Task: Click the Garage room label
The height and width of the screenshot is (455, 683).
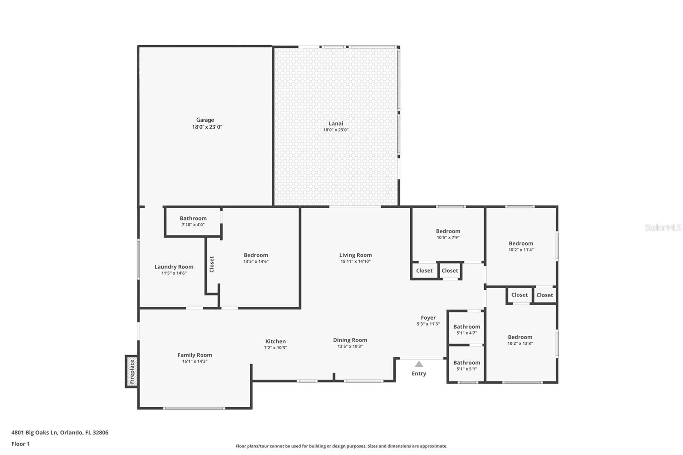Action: click(x=205, y=120)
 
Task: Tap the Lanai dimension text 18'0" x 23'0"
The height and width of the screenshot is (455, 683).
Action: click(x=336, y=130)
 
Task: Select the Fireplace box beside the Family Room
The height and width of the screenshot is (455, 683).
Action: click(x=131, y=371)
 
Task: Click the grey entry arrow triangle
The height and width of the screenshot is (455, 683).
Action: click(x=419, y=364)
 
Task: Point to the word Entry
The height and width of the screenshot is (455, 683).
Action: click(x=419, y=373)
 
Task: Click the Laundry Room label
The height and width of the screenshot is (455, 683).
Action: click(x=174, y=267)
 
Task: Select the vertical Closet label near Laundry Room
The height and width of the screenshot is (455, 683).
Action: click(x=212, y=264)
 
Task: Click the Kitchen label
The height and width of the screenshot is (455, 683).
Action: click(x=275, y=341)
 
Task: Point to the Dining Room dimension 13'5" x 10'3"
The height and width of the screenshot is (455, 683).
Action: click(x=350, y=347)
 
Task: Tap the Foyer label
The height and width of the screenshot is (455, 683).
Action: click(x=428, y=318)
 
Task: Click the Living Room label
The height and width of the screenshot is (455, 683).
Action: click(x=356, y=255)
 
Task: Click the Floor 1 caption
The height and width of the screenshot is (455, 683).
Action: click(x=20, y=444)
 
